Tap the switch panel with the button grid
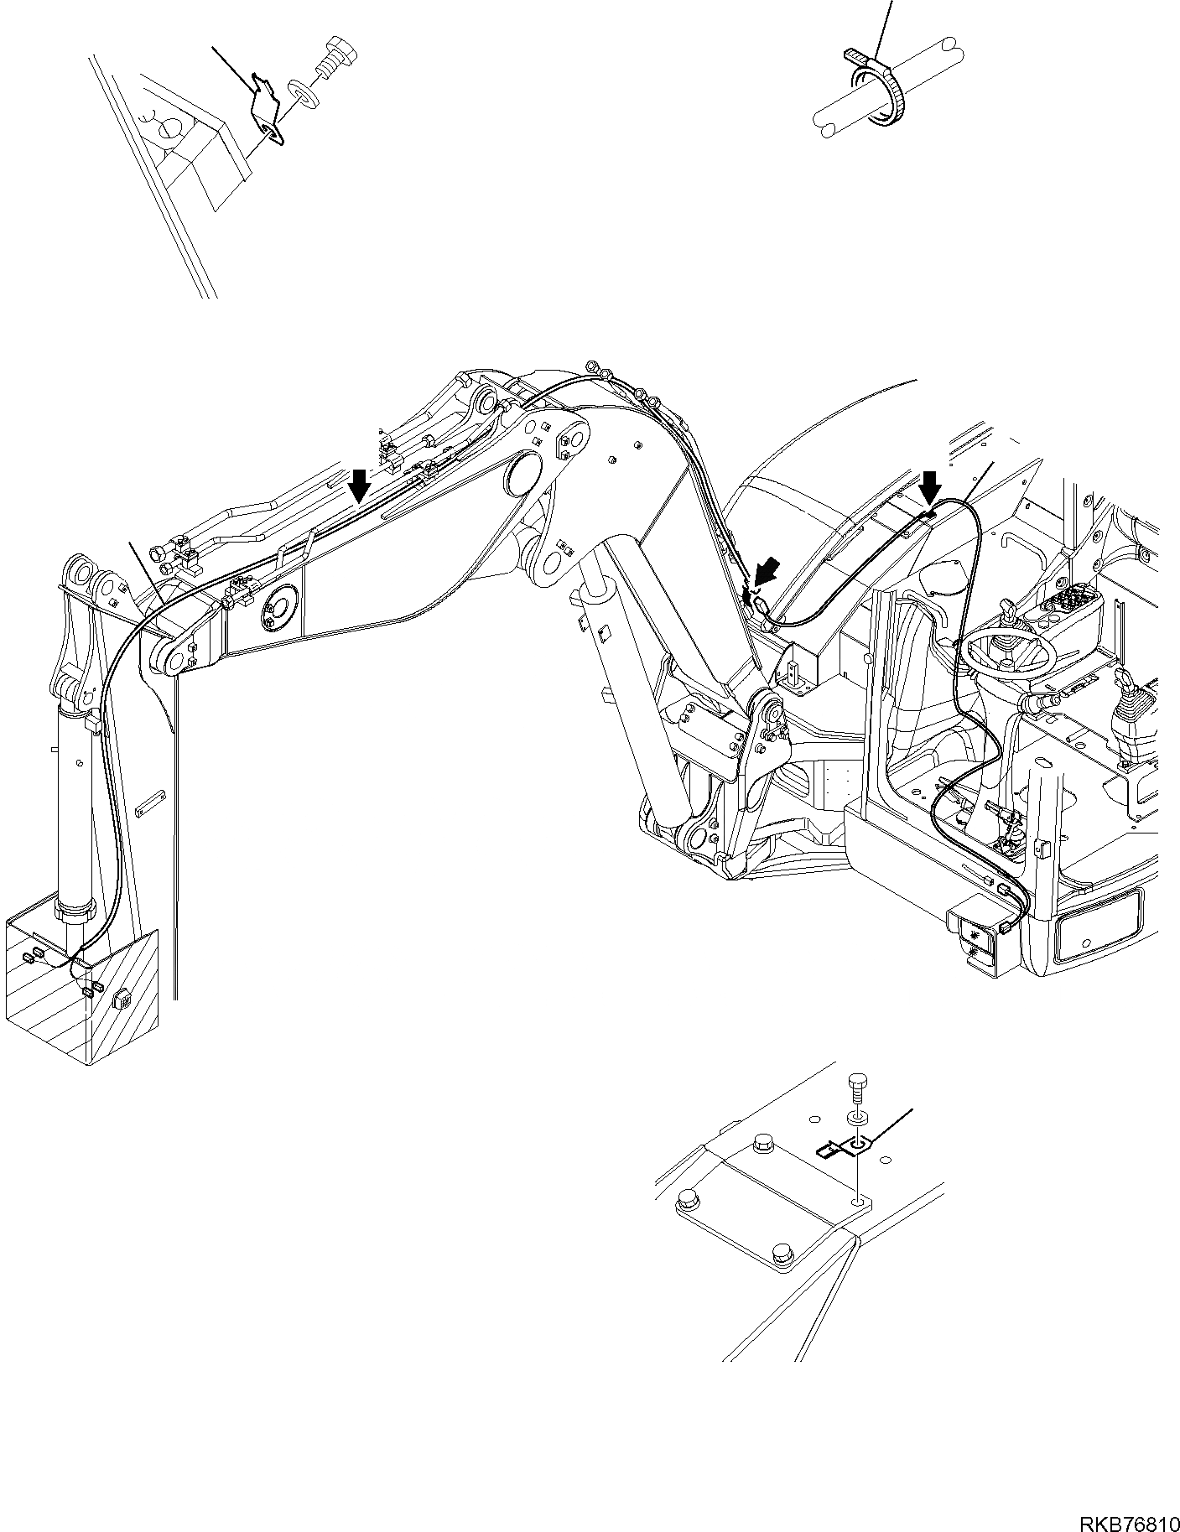point(1073,610)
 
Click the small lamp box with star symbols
point(974,942)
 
